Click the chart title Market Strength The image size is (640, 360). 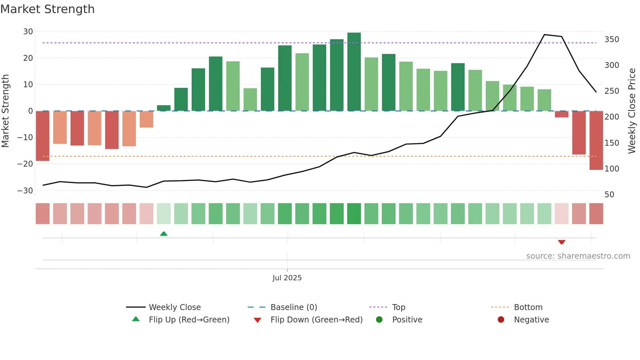pyautogui.click(x=47, y=9)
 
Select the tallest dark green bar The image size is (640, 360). pyautogui.click(x=354, y=72)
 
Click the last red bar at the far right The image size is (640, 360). pyautogui.click(x=596, y=140)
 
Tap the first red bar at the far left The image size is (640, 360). pyautogui.click(x=42, y=136)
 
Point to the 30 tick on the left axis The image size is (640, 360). pyautogui.click(x=28, y=32)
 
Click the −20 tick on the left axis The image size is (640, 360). pyautogui.click(x=25, y=164)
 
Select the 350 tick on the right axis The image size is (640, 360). pyautogui.click(x=612, y=40)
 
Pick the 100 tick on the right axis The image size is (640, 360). pyautogui.click(x=612, y=169)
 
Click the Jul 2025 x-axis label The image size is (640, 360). pyautogui.click(x=287, y=278)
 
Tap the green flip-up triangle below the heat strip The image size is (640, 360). pyautogui.click(x=164, y=234)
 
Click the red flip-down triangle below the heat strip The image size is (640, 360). pyautogui.click(x=562, y=242)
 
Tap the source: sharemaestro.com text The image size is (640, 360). pyautogui.click(x=578, y=256)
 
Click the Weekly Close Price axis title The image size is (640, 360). pyautogui.click(x=632, y=111)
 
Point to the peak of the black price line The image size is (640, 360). pyautogui.click(x=544, y=35)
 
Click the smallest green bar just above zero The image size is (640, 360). pyautogui.click(x=164, y=108)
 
